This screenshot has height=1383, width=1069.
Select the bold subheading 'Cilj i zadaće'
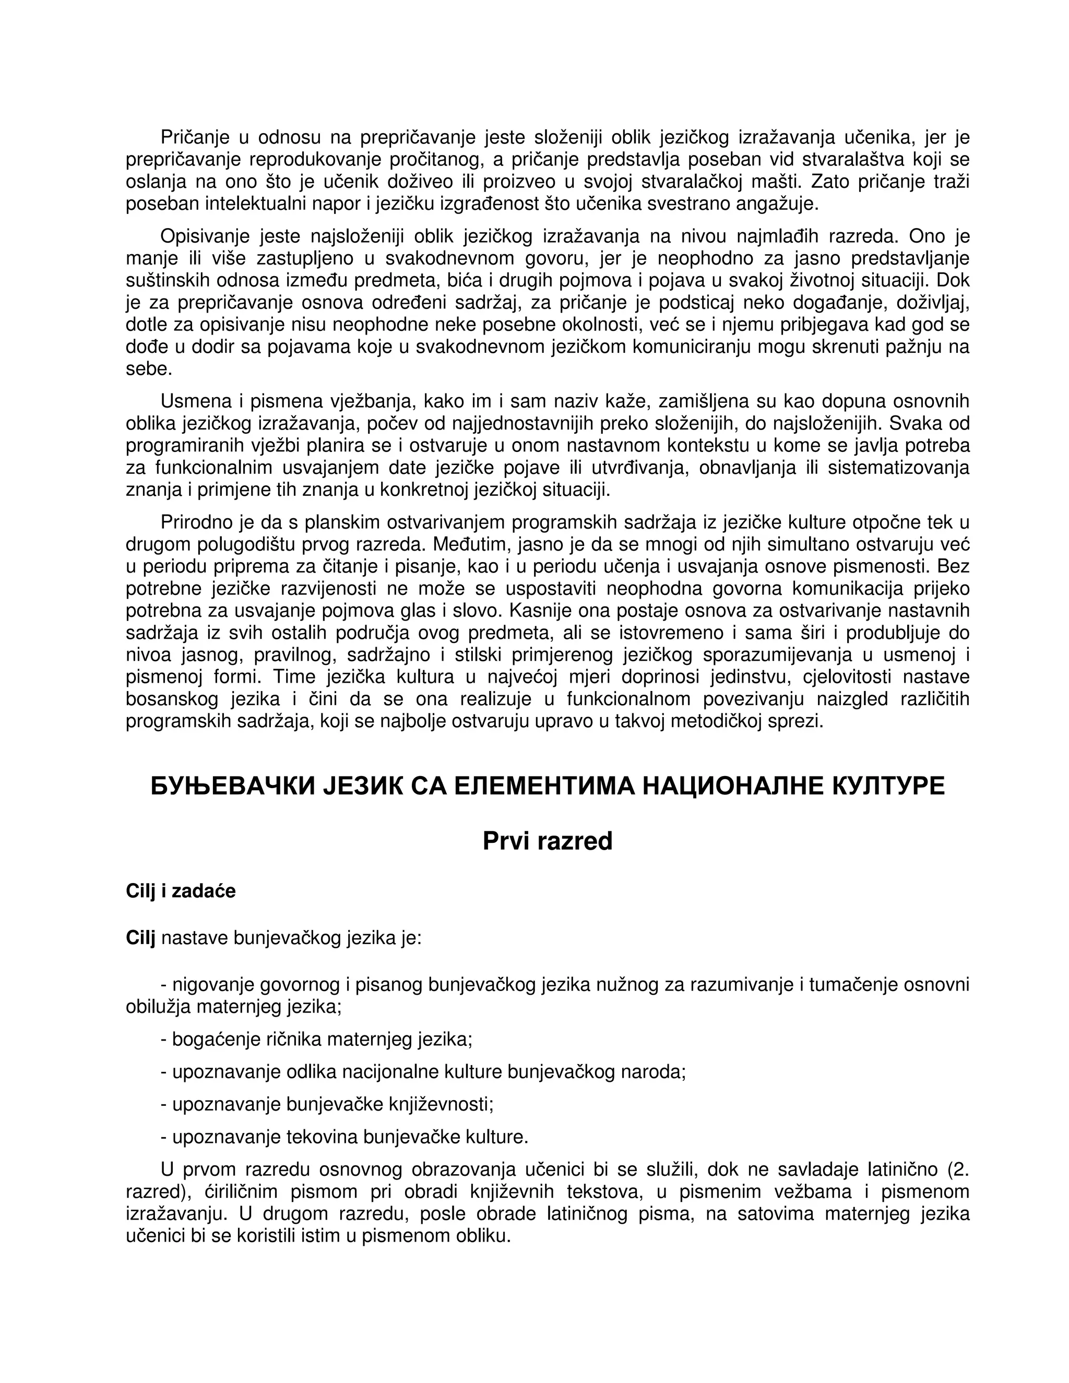click(x=181, y=891)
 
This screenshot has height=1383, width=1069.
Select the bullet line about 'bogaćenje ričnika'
click(x=317, y=1039)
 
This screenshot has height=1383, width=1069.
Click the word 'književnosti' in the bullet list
click(x=442, y=1104)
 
